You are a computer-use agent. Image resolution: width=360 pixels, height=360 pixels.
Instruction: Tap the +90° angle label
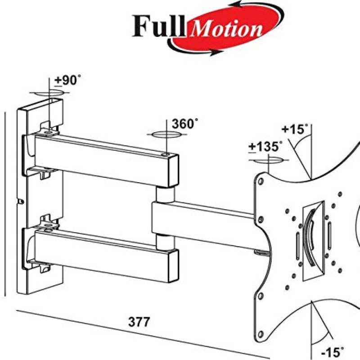pyautogui.click(x=68, y=81)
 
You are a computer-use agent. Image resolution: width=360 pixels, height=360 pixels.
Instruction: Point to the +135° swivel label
pyautogui.click(x=266, y=147)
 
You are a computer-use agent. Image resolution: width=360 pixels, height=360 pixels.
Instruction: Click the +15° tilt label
pyautogui.click(x=295, y=130)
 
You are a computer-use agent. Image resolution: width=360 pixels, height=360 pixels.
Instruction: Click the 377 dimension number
pyautogui.click(x=139, y=322)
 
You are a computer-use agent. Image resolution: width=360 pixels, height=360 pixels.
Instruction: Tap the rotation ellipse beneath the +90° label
pyautogui.click(x=49, y=92)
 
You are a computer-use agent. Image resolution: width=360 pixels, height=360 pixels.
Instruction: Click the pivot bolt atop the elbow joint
pyautogui.click(x=167, y=154)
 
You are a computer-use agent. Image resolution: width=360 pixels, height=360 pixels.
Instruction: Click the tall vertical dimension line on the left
pyautogui.click(x=5, y=202)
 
